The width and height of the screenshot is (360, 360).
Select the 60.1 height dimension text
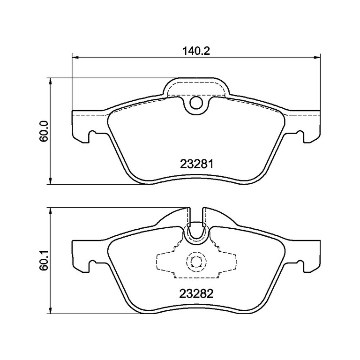coord(44,261)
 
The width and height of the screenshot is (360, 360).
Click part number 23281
coord(196,165)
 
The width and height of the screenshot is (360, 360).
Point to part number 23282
coord(196,294)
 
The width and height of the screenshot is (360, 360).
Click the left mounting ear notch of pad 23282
coord(93,265)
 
